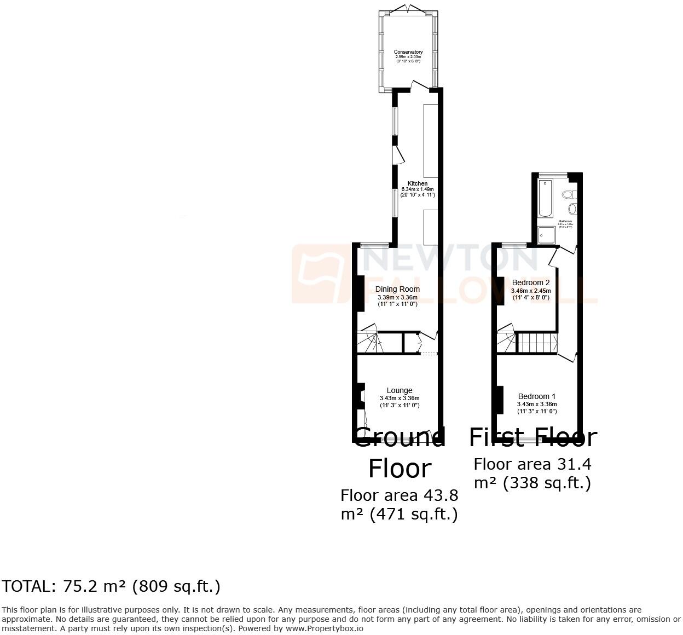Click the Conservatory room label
408,52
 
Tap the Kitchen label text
418,183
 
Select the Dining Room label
398,289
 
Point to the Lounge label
400,391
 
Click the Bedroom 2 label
531,283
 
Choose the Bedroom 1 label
537,396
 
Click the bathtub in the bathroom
546,198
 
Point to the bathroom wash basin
572,209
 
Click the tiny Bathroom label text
565,221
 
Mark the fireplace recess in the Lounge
361,396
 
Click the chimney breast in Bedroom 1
500,400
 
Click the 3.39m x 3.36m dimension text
398,297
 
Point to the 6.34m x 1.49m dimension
418,189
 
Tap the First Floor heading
532,437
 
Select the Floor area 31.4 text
532,464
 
